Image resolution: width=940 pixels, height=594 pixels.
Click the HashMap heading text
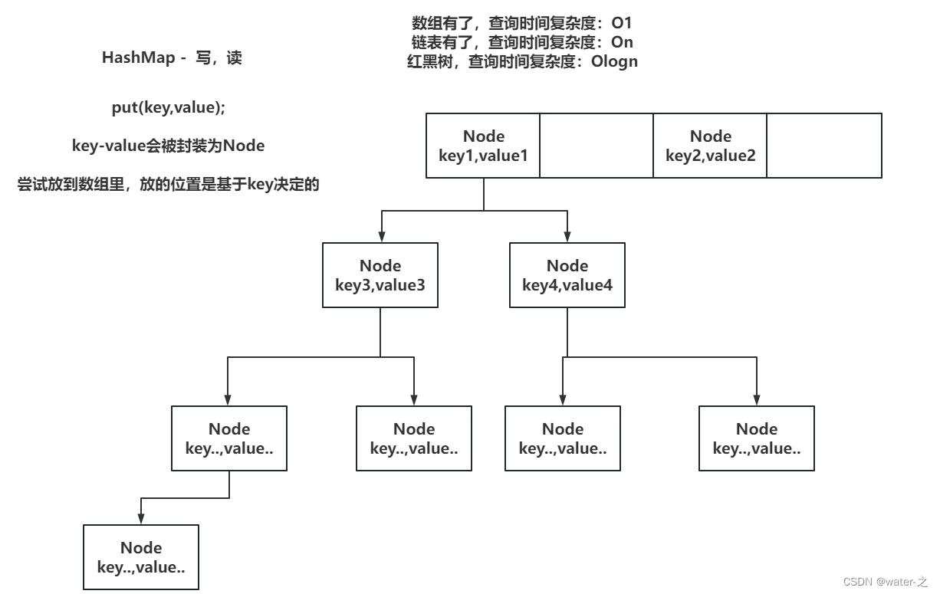coord(172,58)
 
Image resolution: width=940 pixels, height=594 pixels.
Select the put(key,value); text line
coord(169,108)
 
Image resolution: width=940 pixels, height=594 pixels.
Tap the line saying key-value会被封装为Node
coord(168,146)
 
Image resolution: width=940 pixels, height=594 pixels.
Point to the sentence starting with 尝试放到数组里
coord(168,185)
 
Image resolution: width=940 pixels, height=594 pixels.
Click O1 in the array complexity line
coord(621,24)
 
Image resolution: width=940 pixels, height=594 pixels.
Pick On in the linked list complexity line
coord(622,43)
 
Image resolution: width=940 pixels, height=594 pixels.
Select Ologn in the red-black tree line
coord(613,62)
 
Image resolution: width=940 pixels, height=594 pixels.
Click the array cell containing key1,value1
coord(483,146)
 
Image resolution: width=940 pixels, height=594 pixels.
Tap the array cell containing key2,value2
coord(710,146)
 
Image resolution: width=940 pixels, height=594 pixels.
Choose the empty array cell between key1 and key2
coord(597,146)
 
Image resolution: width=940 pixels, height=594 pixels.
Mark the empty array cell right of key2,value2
coord(824,146)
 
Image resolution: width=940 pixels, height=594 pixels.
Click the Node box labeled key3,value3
coord(381,275)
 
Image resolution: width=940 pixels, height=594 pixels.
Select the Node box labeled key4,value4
coord(567,275)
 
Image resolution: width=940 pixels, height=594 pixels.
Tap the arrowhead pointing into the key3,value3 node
coord(381,237)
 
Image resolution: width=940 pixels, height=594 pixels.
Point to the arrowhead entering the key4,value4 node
coord(567,237)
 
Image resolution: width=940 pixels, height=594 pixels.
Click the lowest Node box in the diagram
coord(141,557)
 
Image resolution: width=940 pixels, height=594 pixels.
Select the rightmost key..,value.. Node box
coord(757,438)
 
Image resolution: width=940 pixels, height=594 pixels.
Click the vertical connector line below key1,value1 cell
coord(483,194)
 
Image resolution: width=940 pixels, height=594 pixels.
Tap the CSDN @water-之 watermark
coord(885,582)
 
